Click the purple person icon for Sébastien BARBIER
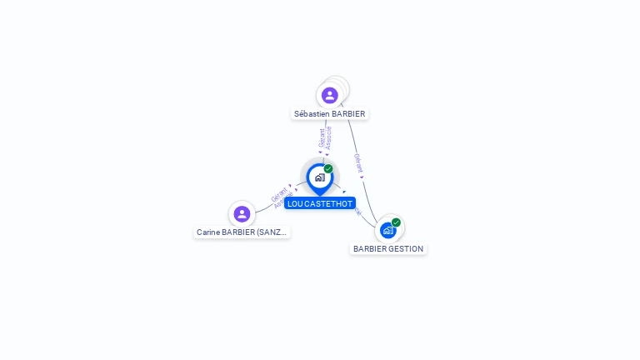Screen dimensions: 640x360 329,95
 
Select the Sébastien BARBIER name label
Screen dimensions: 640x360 329,113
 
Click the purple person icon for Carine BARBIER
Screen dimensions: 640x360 242,214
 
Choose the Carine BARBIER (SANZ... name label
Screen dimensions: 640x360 242,232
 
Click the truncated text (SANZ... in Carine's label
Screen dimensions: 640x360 272,232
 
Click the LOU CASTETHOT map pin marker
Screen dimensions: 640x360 319,177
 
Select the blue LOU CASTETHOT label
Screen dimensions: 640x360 320,203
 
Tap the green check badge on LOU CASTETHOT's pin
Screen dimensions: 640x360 328,169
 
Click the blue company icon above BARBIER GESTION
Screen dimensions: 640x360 387,230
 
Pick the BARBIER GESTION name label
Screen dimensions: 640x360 388,249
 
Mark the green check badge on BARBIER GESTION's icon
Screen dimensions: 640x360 396,222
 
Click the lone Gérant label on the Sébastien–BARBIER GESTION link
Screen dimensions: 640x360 358,163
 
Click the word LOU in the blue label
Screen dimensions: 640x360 295,203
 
